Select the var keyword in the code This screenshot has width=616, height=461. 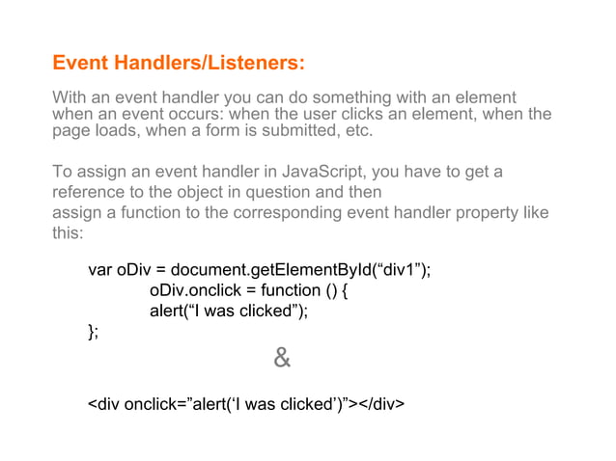[100, 269]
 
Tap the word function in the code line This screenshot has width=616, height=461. [282, 290]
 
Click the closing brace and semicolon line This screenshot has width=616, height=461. [93, 332]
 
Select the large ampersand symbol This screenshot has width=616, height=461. [281, 360]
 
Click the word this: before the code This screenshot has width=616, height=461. [69, 233]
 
